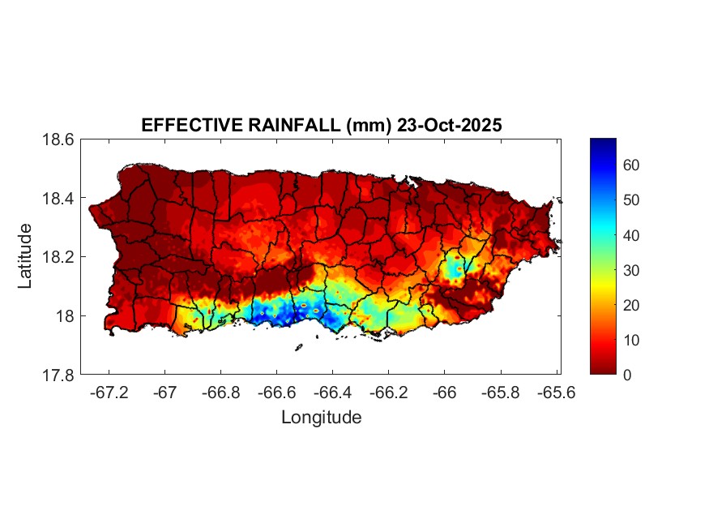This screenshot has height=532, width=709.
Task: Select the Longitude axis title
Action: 321,418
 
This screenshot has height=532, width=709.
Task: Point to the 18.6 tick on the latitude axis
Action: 58,139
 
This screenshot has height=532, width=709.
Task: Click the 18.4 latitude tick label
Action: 58,199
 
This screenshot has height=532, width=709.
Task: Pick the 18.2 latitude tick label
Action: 58,257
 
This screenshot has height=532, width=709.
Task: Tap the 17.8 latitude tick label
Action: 58,375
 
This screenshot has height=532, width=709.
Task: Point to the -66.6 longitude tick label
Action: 275,393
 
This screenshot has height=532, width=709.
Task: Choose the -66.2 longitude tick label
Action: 387,393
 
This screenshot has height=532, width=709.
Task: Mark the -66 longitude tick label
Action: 443,393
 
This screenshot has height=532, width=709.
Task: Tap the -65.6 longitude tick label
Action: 555,393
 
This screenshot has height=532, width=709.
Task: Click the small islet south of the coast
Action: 298,347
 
